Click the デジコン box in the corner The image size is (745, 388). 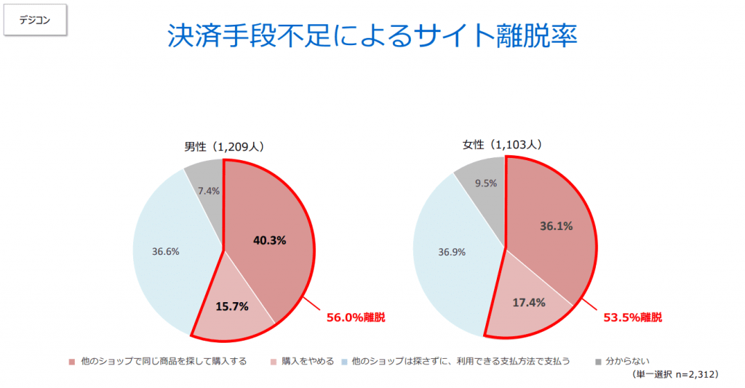pos(36,20)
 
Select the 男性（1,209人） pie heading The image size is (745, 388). pos(223,146)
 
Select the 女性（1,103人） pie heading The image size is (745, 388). pos(503,145)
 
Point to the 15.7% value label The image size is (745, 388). pos(232,306)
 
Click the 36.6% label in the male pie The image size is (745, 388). pos(166,251)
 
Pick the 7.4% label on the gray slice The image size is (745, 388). pos(210,190)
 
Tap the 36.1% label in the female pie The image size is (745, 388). pos(556,226)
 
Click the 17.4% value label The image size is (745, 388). pos(528,302)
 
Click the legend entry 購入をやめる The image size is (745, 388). pos(308,361)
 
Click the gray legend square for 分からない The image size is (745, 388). pos(599,361)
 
